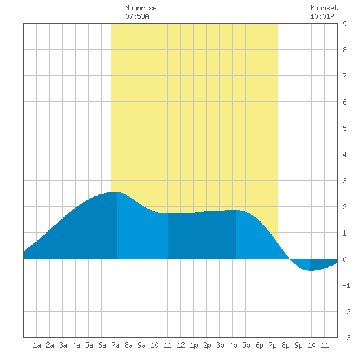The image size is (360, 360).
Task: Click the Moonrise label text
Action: click(141, 8)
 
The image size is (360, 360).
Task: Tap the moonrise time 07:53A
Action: click(137, 16)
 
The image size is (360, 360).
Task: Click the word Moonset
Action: click(324, 8)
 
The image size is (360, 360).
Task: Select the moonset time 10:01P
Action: click(322, 16)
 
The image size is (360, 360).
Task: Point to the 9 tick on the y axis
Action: click(344, 24)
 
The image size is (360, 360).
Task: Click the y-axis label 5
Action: click(344, 128)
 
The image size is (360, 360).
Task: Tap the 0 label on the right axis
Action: click(344, 259)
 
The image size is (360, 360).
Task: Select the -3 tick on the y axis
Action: click(346, 338)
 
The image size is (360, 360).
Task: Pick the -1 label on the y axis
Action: click(346, 285)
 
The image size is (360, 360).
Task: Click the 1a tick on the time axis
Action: click(37, 345)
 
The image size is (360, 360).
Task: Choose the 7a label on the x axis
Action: click(115, 345)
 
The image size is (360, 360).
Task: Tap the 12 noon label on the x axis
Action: click(181, 345)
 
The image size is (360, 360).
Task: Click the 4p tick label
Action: click(233, 345)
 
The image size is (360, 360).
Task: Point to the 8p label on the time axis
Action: click(285, 345)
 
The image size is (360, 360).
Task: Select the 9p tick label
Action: click(298, 345)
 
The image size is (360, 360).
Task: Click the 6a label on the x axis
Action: click(102, 345)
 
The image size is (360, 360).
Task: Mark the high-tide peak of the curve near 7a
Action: click(115, 192)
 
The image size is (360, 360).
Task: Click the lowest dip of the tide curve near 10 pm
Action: click(310, 271)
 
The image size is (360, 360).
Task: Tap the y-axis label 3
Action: click(344, 181)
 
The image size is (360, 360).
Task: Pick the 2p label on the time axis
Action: click(207, 345)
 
